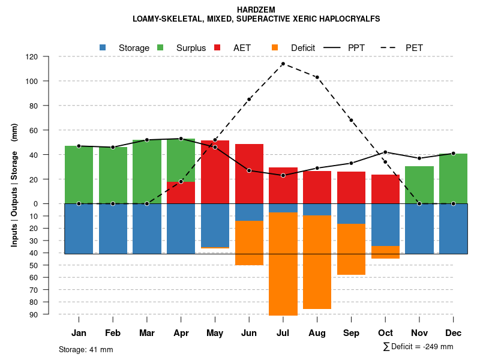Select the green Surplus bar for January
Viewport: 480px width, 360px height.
pyautogui.click(x=79, y=175)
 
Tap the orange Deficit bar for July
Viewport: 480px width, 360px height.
pyautogui.click(x=283, y=263)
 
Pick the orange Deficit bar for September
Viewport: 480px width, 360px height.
pyautogui.click(x=352, y=249)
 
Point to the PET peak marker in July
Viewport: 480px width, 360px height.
pyautogui.click(x=283, y=64)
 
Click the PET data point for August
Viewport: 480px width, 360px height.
pyautogui.click(x=317, y=77)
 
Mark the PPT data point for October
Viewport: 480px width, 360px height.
pyautogui.click(x=386, y=152)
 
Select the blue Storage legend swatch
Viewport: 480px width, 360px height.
pyautogui.click(x=103, y=47)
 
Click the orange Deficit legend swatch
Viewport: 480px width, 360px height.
pyautogui.click(x=275, y=47)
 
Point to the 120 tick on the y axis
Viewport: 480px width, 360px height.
pyautogui.click(x=32, y=56)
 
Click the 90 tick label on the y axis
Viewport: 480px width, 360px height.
pyautogui.click(x=33, y=314)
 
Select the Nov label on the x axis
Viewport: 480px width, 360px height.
pyautogui.click(x=419, y=333)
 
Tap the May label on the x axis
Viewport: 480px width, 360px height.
pyautogui.click(x=215, y=333)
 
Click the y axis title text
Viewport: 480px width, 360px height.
pyautogui.click(x=14, y=185)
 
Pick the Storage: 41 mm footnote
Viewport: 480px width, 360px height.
pyautogui.click(x=86, y=349)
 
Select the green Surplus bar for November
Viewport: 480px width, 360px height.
pyautogui.click(x=419, y=185)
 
